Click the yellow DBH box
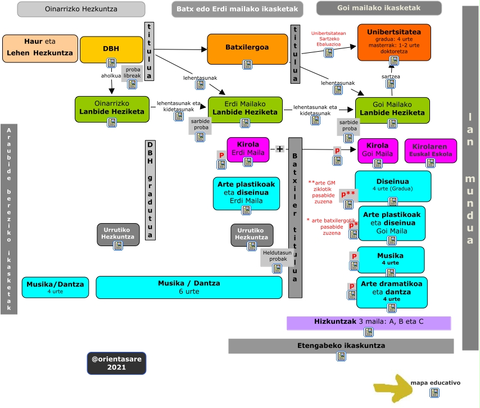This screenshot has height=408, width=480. point(111,49)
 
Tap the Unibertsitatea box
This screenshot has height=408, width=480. point(393,37)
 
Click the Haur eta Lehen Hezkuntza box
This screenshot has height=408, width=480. point(40,48)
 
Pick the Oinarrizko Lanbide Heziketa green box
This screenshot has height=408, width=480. point(112,108)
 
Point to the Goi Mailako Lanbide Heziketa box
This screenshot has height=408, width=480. point(392,108)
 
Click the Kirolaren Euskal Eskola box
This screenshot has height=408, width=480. point(431,150)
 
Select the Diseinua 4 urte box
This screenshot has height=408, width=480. point(393,185)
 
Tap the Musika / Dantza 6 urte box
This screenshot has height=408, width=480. point(189,287)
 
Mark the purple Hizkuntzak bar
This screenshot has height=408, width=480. point(369,323)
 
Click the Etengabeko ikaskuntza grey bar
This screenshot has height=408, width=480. point(341,346)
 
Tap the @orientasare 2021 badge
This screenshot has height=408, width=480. point(116,363)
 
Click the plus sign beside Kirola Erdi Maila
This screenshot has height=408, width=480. point(279,148)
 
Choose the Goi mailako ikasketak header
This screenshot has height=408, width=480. point(378,8)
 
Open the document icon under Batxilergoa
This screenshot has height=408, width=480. point(247,65)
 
